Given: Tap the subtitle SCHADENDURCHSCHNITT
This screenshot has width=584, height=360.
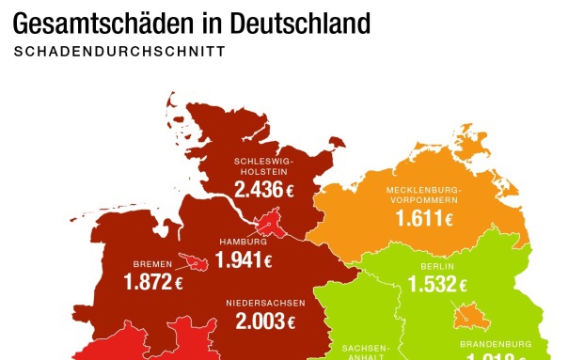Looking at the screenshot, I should [x=119, y=52].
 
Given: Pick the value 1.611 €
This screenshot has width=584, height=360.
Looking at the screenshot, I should [x=425, y=219].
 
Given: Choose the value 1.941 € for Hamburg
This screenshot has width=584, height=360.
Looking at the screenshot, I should [x=244, y=261].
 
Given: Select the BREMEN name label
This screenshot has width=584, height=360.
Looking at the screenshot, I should [x=153, y=264].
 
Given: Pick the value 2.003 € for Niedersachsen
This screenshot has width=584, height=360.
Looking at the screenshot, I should [x=265, y=322].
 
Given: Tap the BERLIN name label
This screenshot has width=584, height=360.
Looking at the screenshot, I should [x=438, y=266].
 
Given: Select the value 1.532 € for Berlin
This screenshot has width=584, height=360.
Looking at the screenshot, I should [x=438, y=285].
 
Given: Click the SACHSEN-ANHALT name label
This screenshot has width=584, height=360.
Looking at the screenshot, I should [x=362, y=351].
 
